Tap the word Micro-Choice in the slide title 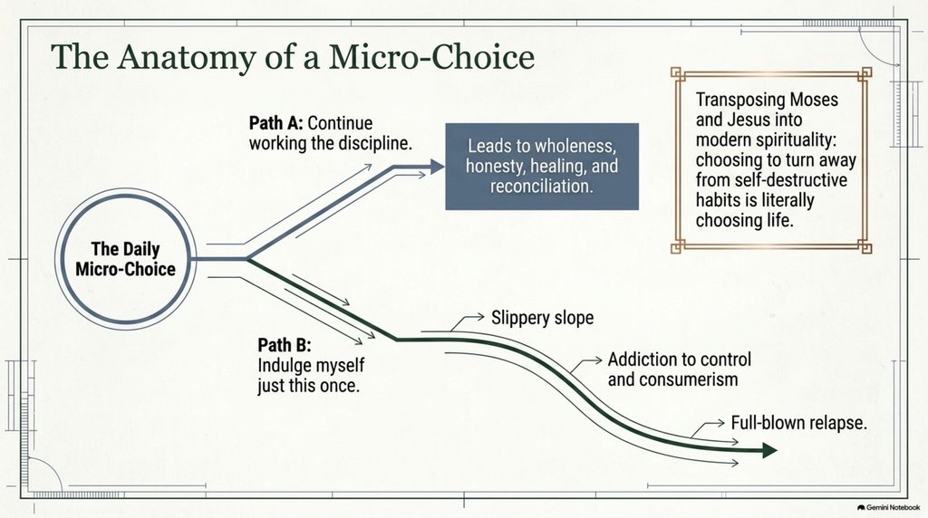pos(431,57)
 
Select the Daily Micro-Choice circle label pos(125,259)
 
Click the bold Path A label pos(275,123)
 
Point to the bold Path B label pos(284,345)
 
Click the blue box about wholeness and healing pos(542,166)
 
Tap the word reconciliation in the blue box pos(542,187)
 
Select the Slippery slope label pos(542,318)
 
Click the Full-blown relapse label pos(799,423)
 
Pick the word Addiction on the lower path pos(641,359)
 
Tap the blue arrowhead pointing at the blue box pos(437,167)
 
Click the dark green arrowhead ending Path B pos(769,451)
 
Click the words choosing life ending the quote pos(744,221)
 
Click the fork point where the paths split pos(247,259)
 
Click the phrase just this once pos(308,386)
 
